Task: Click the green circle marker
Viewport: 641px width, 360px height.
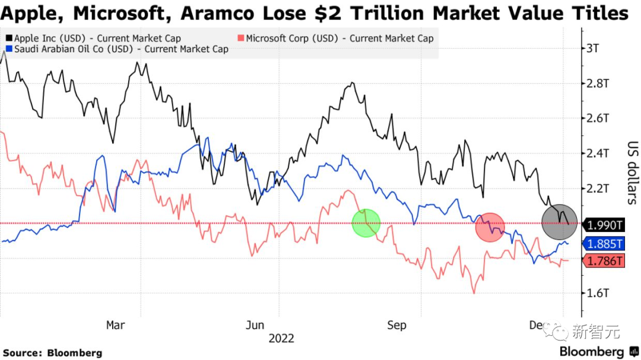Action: (x=366, y=223)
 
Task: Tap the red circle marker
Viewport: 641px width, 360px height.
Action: (x=490, y=227)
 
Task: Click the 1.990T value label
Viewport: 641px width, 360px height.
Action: (x=605, y=225)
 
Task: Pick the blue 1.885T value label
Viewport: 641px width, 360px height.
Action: (x=605, y=243)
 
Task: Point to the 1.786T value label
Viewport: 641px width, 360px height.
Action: (x=605, y=261)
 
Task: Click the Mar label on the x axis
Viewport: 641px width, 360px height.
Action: (x=115, y=325)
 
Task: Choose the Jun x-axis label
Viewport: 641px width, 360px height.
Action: (x=255, y=325)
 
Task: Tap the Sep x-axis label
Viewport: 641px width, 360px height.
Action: (x=396, y=325)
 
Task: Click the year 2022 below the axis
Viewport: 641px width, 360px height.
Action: (x=281, y=339)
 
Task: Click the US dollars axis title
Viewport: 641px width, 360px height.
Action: (x=632, y=173)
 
